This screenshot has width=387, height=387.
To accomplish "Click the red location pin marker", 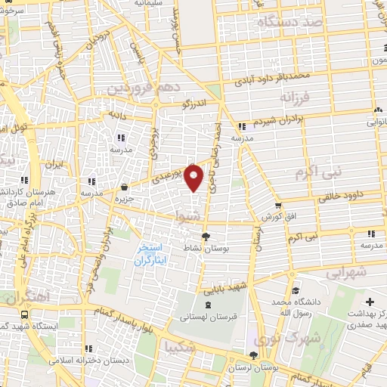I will (x=195, y=178).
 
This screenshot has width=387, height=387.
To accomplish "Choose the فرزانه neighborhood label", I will (x=295, y=98).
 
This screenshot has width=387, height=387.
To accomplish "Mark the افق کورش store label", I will (x=277, y=217).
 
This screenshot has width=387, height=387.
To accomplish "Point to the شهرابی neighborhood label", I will (x=349, y=272).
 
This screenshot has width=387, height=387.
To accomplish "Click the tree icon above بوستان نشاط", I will (x=206, y=237).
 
